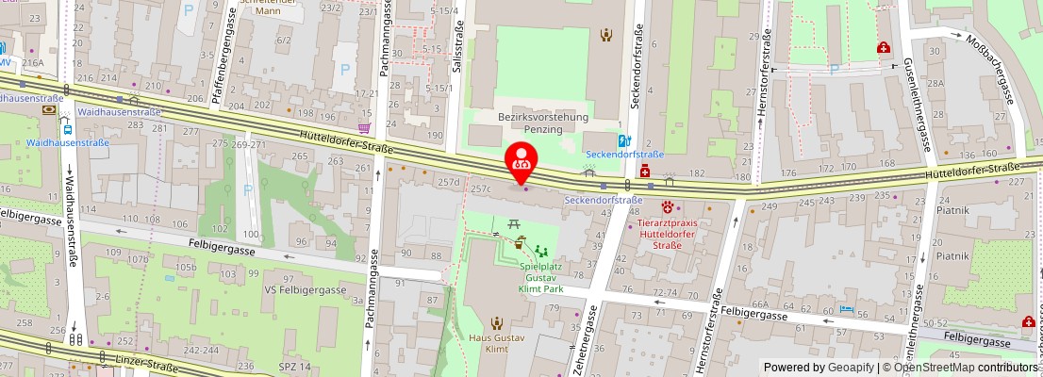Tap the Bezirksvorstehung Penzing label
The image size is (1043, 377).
542,123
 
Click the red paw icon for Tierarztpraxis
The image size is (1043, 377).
670,206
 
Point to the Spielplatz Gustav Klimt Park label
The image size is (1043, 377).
542,279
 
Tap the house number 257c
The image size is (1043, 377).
482,188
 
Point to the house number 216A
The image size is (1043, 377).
34,62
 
